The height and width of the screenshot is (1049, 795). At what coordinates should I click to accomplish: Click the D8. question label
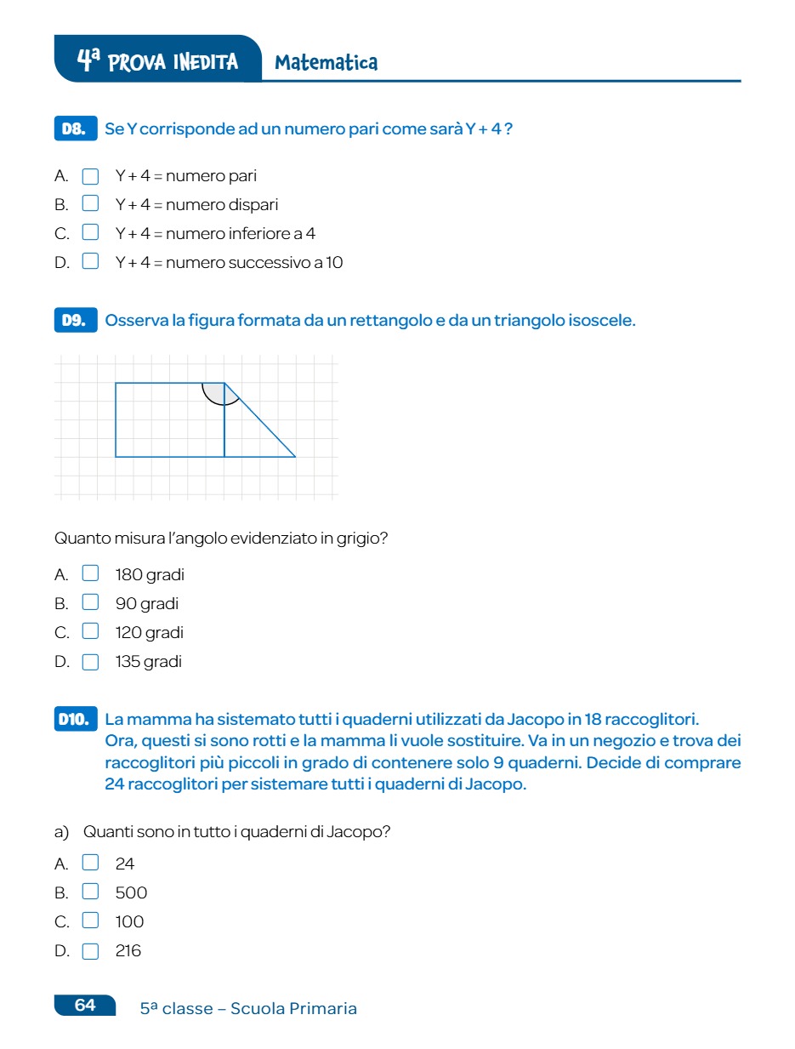pos(75,129)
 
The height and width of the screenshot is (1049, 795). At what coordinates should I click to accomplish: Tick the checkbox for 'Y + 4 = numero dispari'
pos(90,204)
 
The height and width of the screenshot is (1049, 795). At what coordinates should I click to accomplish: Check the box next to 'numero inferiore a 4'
pos(90,233)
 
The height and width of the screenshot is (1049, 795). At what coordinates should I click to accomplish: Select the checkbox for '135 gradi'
pos(90,662)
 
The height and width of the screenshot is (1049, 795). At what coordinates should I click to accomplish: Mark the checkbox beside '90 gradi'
pos(90,603)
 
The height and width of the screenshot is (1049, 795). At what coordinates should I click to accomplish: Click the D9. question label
pos(75,321)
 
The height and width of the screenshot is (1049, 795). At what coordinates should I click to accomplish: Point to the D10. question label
pos(75,719)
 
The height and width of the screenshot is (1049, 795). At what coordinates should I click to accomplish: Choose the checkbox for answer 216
pos(90,951)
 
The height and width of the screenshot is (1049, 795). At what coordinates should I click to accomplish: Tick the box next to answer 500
pos(90,892)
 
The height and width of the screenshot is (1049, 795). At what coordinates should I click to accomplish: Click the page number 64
pos(85,1006)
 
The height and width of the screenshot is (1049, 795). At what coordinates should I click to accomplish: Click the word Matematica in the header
pos(327,62)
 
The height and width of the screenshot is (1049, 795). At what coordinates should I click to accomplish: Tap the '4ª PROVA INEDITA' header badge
pos(158,60)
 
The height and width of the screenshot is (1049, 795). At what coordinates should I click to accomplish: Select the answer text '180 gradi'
pos(150,574)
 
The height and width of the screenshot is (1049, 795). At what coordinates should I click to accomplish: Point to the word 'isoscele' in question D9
pos(600,321)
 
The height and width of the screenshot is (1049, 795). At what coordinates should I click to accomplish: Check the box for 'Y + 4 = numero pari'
pos(90,176)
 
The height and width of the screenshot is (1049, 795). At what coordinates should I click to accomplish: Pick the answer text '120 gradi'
pos(150,632)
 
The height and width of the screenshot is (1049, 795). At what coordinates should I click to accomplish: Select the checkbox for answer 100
pos(90,921)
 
